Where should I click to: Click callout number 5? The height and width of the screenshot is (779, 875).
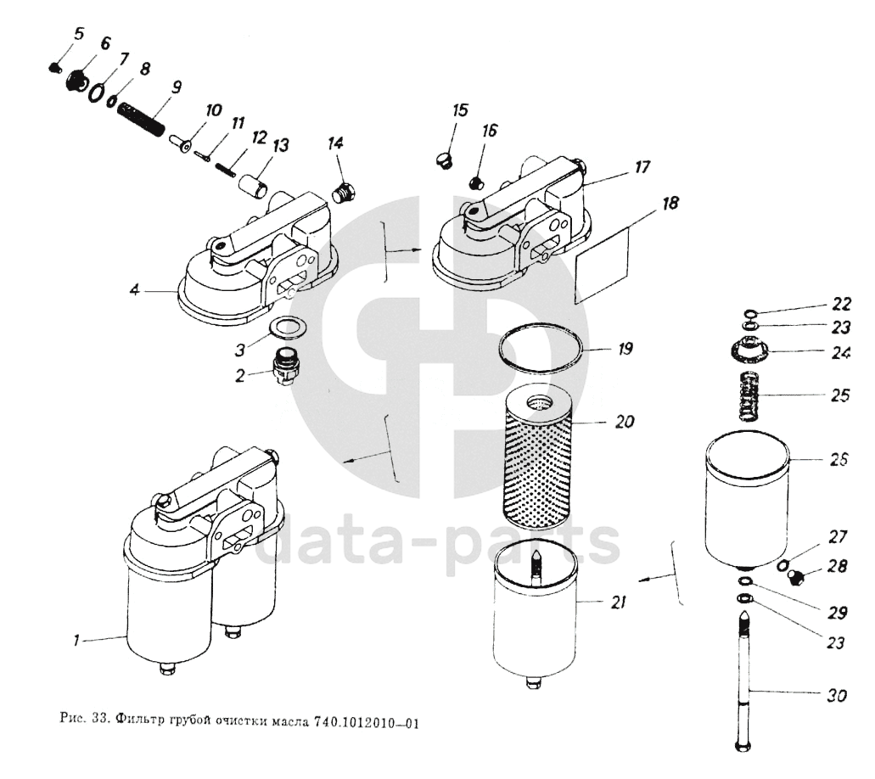point(79,34)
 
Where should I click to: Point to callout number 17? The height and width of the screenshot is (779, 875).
point(642,168)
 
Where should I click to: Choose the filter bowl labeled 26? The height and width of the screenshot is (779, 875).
point(747,501)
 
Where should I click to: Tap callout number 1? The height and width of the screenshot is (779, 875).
point(76,642)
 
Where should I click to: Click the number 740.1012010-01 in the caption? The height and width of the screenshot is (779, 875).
point(367,724)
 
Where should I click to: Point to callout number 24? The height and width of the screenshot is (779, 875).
point(839,353)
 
